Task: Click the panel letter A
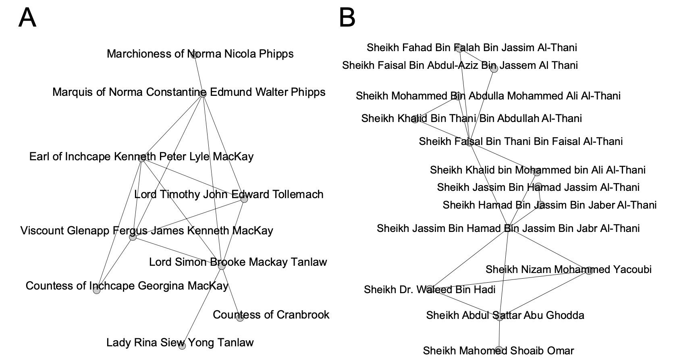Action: click(x=27, y=19)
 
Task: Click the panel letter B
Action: click(x=347, y=19)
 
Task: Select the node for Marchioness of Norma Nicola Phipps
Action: click(x=194, y=55)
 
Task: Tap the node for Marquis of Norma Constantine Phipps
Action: click(x=203, y=93)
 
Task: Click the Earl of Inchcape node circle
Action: click(x=141, y=158)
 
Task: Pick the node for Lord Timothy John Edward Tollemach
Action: click(x=244, y=199)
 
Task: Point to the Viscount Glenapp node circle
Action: click(x=133, y=237)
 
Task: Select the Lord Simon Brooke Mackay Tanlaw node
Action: click(x=222, y=266)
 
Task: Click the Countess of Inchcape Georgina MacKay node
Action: click(x=96, y=290)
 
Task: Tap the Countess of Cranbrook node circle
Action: click(x=240, y=318)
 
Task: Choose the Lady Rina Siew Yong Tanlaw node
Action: click(x=182, y=346)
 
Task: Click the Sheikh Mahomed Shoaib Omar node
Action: click(x=499, y=350)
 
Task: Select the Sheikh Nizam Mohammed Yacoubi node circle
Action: click(x=589, y=271)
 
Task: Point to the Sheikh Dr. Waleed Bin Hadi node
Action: click(x=430, y=289)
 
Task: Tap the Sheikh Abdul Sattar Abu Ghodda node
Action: click(x=500, y=317)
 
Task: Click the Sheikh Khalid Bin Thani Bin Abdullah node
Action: click(x=415, y=119)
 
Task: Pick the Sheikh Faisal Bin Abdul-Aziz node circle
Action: click(x=494, y=68)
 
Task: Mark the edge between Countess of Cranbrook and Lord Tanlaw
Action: click(x=231, y=292)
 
